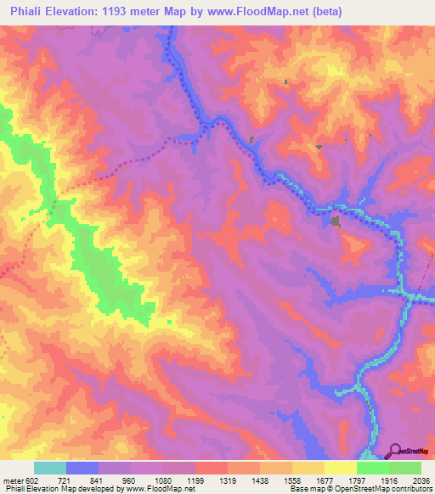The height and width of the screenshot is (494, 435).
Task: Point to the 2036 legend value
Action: tap(421, 480)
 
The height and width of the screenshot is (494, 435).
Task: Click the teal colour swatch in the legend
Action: tap(50, 468)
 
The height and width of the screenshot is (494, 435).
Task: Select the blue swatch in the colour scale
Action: tap(82, 468)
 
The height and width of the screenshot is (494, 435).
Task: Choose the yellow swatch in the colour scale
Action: tap(340, 468)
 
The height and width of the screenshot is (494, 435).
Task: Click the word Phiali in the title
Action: tap(24, 11)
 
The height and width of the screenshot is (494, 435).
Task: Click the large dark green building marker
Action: tap(336, 222)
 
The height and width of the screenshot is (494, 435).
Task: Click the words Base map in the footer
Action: tap(305, 490)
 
